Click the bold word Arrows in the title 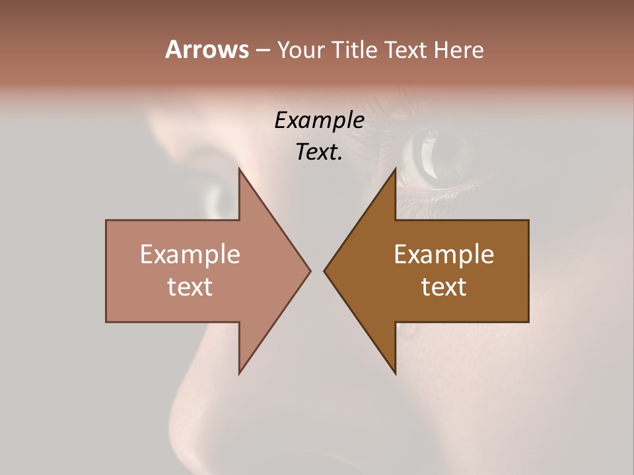(207, 49)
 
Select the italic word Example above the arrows (319, 121)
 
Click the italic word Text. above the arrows (319, 152)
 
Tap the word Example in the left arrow (190, 254)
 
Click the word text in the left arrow (190, 286)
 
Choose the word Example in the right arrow (444, 254)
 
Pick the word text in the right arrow (444, 286)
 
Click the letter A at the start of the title (173, 49)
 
